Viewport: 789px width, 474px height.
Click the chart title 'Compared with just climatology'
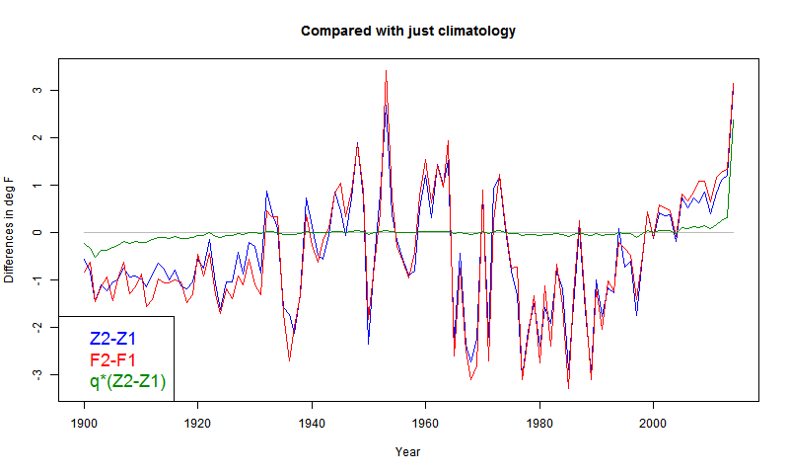point(407,32)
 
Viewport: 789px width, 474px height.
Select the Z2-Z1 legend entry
point(112,339)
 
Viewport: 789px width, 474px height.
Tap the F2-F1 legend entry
point(112,359)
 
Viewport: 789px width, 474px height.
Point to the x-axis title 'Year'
point(407,452)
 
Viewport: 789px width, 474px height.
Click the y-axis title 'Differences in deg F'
point(10,229)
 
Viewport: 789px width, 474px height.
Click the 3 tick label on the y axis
point(36,91)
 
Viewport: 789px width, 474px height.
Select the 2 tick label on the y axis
point(36,138)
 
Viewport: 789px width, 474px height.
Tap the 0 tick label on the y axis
point(36,233)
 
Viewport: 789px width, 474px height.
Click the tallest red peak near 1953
point(386,71)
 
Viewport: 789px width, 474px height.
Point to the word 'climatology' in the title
point(476,32)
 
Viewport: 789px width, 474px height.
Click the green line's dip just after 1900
point(96,256)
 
